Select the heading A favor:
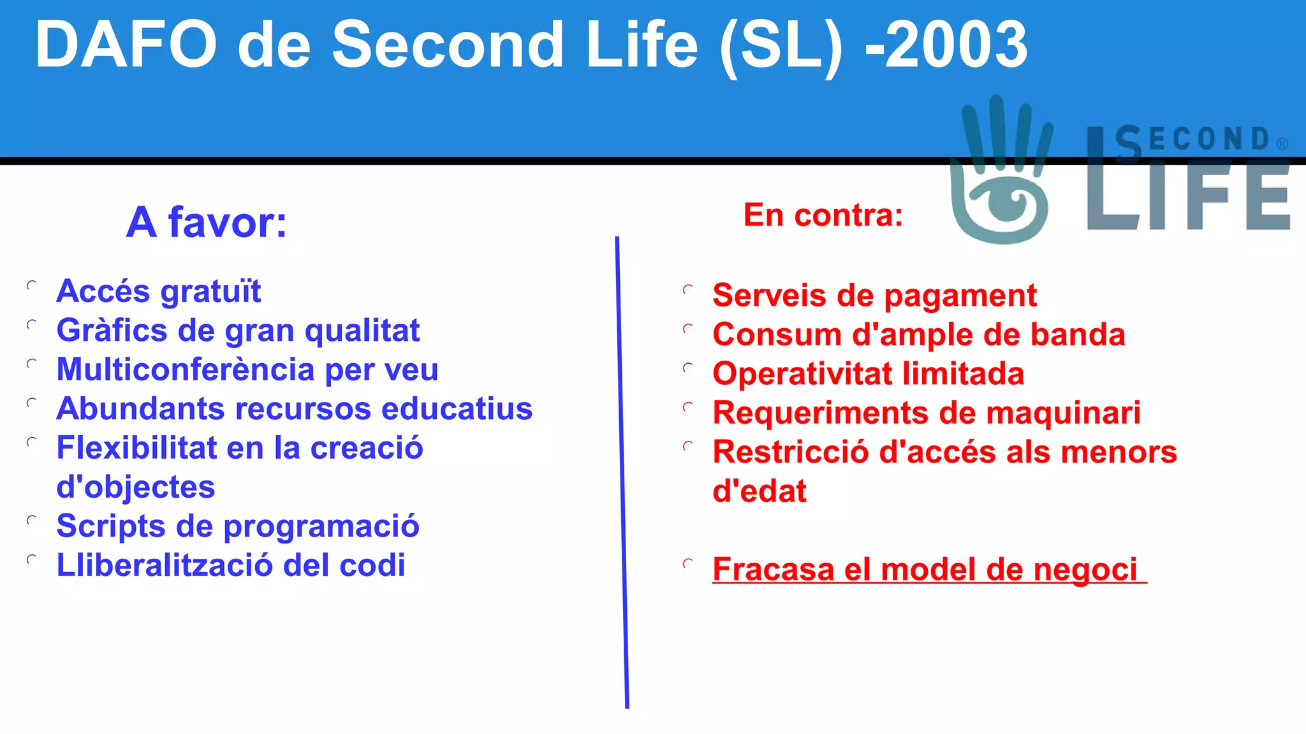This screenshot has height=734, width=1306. (x=207, y=222)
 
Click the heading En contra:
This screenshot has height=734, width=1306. (x=823, y=215)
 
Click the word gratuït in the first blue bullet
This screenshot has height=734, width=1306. (x=210, y=292)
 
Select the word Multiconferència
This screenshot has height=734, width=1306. (x=186, y=370)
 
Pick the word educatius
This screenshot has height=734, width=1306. (x=457, y=408)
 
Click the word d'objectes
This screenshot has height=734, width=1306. (x=135, y=487)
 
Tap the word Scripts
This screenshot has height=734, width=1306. (x=111, y=526)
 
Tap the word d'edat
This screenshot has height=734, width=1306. (x=759, y=491)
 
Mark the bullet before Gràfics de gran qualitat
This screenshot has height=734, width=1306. (x=31, y=325)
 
